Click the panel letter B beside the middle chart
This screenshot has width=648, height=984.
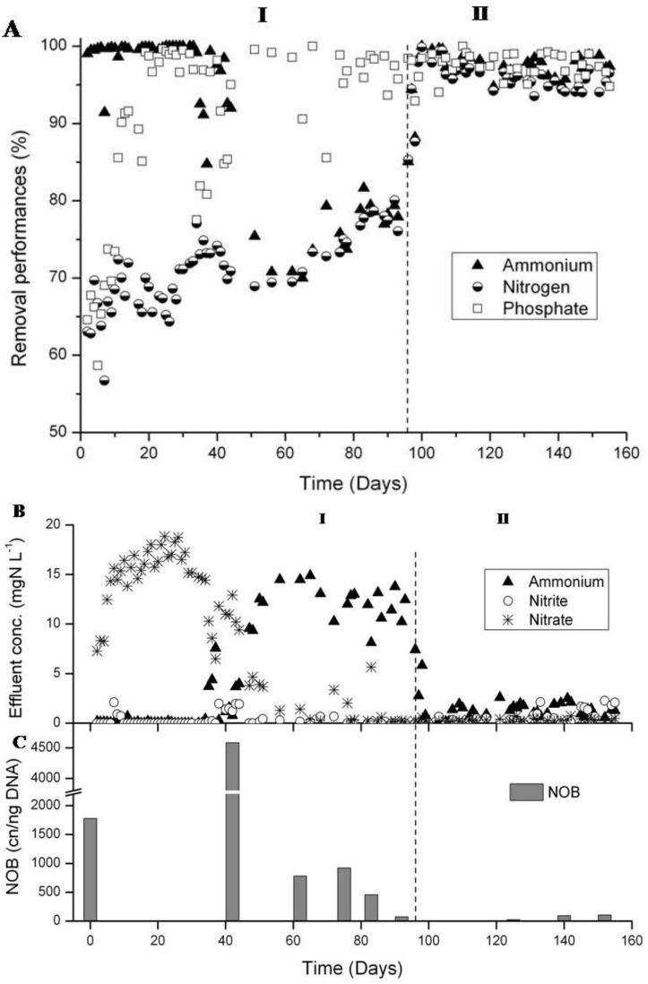pyautogui.click(x=12, y=514)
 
